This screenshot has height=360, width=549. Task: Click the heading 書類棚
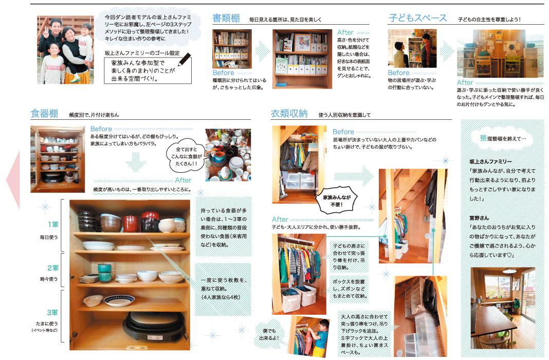pos(226,18)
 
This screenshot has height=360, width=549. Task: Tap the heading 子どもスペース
pos(418,18)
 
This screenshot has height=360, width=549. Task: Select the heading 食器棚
pos(44,114)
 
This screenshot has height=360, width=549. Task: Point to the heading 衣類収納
pos(289,114)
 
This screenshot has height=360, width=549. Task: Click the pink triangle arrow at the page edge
pos(13,181)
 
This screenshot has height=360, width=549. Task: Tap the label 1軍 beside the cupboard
pos(53,224)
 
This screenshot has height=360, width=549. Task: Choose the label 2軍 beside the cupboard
pos(53,268)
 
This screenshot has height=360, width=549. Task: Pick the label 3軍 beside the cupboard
pos(52,312)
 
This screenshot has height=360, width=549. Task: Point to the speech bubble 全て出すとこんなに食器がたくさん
pos(186,156)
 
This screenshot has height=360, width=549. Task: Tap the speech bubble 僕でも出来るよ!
pos(269,334)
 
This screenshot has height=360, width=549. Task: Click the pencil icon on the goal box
pos(185,60)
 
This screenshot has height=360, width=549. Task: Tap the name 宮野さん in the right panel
pos(479,218)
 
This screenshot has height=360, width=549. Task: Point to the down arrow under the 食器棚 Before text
pos(135,161)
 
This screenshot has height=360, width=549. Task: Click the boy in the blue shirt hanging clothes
pos(319,337)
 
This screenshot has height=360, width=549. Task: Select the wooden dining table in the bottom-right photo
pos(495,324)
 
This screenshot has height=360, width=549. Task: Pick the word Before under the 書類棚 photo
pos(223,73)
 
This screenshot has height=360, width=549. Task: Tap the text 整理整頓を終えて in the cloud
pos(503,138)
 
